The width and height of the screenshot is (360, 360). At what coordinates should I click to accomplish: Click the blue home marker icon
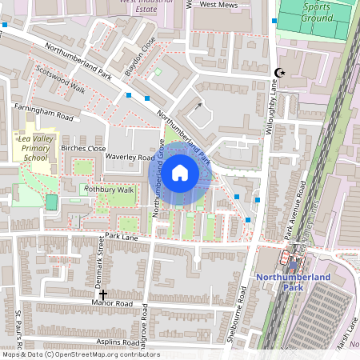180,172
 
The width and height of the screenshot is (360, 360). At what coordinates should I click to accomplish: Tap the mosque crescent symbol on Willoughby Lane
279,74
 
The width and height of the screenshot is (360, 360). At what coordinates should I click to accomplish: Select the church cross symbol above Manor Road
103,294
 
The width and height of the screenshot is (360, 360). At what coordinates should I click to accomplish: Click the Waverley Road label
130,158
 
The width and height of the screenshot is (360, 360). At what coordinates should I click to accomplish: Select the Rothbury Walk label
110,190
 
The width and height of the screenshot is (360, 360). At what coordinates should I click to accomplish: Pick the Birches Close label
83,149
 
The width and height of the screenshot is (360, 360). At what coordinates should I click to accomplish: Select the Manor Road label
112,304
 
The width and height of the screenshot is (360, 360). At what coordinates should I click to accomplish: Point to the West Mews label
218,4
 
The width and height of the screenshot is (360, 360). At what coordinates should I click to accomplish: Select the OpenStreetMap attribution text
80,354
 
